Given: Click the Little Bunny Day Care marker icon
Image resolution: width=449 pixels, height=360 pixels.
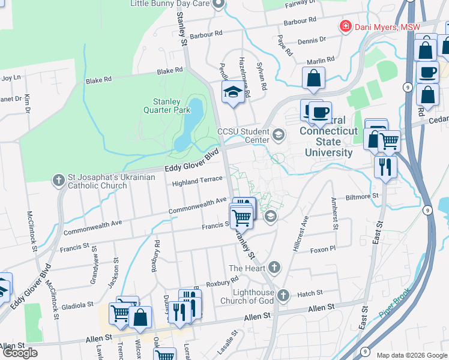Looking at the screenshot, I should (218, 4).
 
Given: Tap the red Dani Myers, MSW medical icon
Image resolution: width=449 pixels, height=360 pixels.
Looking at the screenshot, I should (345, 26).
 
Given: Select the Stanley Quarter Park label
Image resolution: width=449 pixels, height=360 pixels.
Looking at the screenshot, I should (167, 106).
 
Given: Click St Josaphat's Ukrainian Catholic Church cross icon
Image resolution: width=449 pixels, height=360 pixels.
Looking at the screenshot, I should (58, 179).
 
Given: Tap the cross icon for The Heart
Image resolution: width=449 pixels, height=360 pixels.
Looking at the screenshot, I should (274, 267).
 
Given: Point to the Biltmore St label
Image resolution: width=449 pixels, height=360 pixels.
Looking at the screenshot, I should (363, 196).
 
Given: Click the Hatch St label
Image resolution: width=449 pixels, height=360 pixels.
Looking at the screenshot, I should (310, 293).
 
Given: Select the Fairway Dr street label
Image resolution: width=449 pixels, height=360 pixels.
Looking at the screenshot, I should (300, 4).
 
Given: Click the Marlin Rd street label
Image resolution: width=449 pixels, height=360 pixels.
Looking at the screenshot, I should (320, 61).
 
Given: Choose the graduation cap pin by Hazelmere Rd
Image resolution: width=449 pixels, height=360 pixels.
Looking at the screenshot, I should (232, 92).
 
